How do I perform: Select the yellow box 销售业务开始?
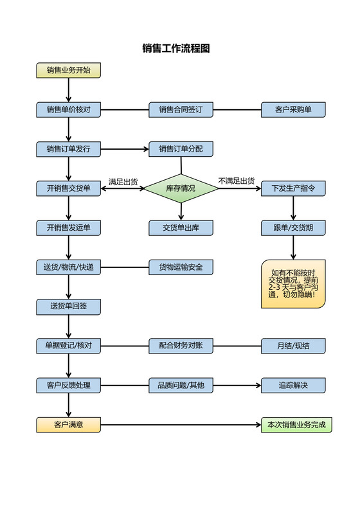pos(68,70)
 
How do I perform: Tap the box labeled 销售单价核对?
pos(68,110)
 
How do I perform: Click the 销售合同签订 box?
pos(181,110)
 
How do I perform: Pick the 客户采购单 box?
pos(293,110)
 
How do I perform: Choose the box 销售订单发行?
pos(68,149)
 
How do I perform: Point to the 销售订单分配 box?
pos(181,149)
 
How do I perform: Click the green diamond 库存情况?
pos(181,189)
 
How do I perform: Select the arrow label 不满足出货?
pos(236,181)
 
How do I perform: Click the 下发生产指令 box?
pos(293,188)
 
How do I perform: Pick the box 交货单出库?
pos(181,228)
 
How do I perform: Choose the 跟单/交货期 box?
pos(293,228)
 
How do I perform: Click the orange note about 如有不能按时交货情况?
pos(293,283)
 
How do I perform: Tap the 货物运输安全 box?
pos(181,267)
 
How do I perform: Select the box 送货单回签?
pos(68,307)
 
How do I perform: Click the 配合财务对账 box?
pos(181,346)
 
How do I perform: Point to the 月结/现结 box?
pos(293,346)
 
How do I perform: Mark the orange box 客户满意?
pos(68,425)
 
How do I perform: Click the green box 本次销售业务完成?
pos(296,425)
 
